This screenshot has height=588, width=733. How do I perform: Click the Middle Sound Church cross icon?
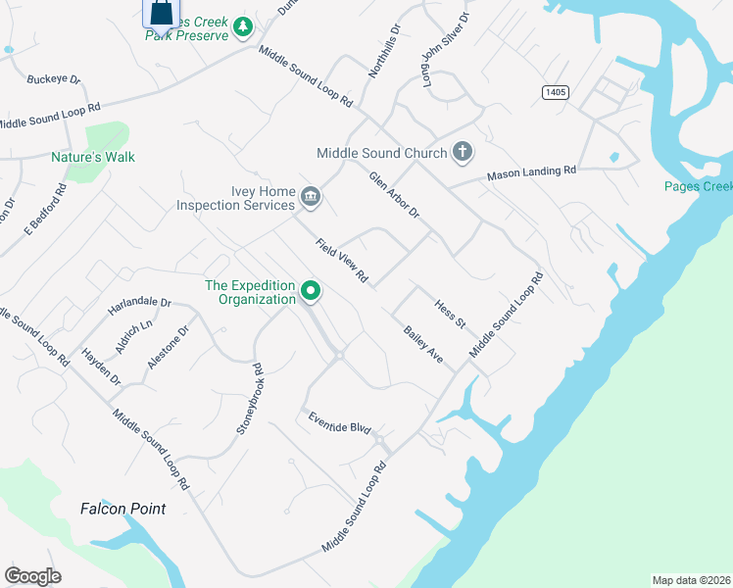(463, 153)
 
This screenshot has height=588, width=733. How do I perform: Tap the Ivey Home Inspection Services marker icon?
(311, 198)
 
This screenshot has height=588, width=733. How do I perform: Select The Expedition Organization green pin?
(312, 291)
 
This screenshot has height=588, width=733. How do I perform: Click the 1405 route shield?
(555, 92)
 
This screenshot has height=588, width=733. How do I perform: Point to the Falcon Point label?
(122, 509)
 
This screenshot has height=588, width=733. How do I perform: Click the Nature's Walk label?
(93, 157)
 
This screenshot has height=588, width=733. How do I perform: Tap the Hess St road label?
(450, 316)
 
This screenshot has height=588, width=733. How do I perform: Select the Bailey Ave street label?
(423, 346)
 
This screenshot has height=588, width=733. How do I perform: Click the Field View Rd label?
(341, 262)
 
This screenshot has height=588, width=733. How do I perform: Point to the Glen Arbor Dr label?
(394, 195)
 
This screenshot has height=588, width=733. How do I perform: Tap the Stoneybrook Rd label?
(250, 400)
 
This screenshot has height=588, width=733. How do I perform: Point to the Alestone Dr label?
(167, 346)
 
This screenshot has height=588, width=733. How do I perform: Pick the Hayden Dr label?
(101, 367)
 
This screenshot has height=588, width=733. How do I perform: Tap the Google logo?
(32, 576)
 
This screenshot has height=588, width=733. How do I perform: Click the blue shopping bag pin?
(161, 13)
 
